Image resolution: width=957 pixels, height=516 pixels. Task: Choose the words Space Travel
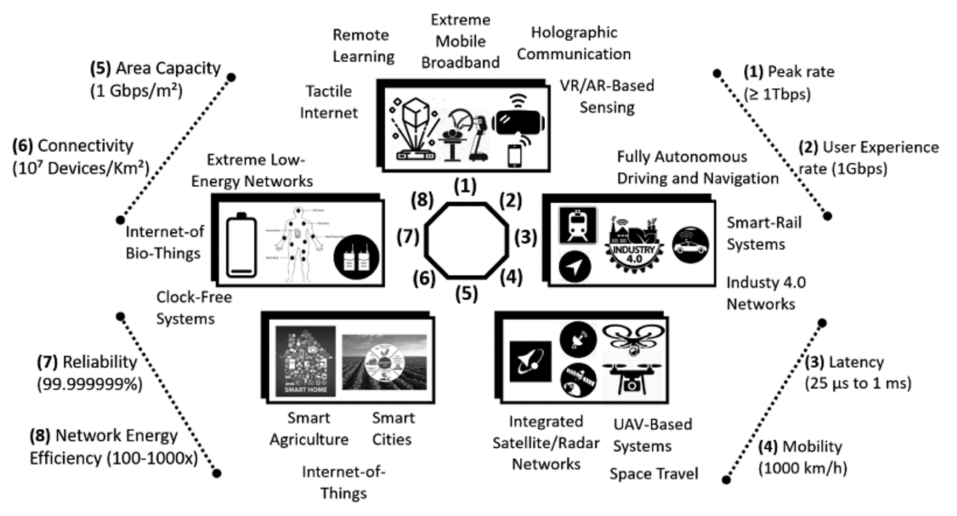(654, 474)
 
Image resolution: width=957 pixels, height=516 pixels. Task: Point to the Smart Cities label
(393, 429)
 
